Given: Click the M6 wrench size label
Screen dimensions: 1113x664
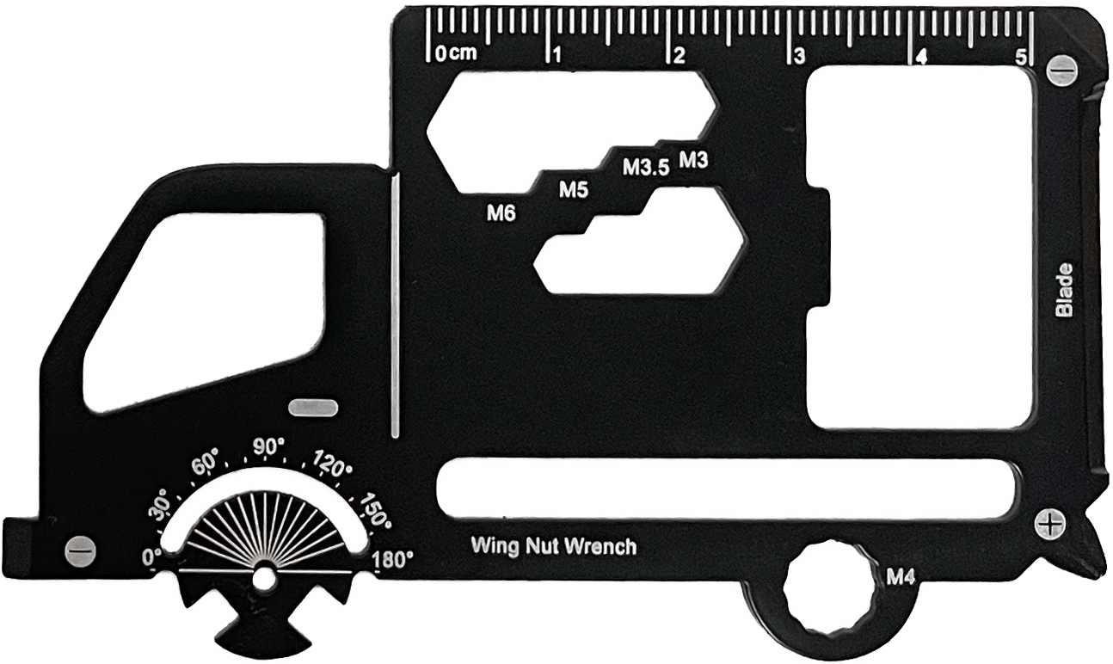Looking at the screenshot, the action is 501,213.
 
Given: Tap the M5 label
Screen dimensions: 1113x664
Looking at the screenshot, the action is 574,189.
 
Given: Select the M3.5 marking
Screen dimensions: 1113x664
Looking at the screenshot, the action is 647,168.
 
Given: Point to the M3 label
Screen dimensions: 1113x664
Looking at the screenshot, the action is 693,159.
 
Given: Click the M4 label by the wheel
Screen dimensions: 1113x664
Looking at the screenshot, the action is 901,577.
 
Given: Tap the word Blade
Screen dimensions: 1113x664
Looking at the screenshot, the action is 1064,290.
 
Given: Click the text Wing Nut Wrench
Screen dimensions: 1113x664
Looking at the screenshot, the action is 554,546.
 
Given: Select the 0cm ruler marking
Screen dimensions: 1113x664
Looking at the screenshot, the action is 456,53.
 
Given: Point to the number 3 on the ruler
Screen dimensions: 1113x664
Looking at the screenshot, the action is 799,57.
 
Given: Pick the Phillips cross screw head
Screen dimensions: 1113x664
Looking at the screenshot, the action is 1049,523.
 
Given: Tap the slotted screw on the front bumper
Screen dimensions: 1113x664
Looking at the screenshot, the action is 81,550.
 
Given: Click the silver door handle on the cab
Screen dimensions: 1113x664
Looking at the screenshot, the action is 313,408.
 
